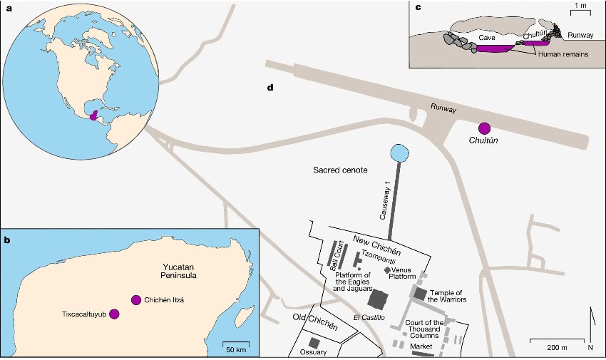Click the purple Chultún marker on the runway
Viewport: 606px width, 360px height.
pyautogui.click(x=485, y=128)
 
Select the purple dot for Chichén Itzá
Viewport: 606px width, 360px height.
pyautogui.click(x=135, y=300)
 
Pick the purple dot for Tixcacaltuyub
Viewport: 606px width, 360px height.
pyautogui.click(x=114, y=314)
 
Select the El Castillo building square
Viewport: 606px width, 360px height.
pyautogui.click(x=377, y=299)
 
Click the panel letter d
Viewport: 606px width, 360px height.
pyautogui.click(x=270, y=88)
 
